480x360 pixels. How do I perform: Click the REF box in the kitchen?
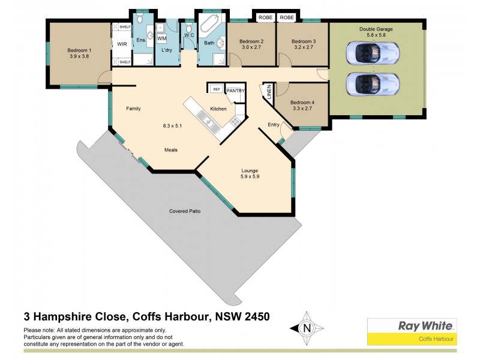216,89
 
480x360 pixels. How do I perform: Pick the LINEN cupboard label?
269,91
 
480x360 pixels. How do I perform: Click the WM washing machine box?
161,38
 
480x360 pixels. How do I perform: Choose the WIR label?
122,44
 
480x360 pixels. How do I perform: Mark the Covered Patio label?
185,211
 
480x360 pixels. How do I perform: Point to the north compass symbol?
307,328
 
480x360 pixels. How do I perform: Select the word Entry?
274,125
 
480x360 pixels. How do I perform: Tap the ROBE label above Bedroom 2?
265,18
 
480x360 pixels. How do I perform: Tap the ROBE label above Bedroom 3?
287,18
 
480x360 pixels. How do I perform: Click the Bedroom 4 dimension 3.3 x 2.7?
302,110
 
